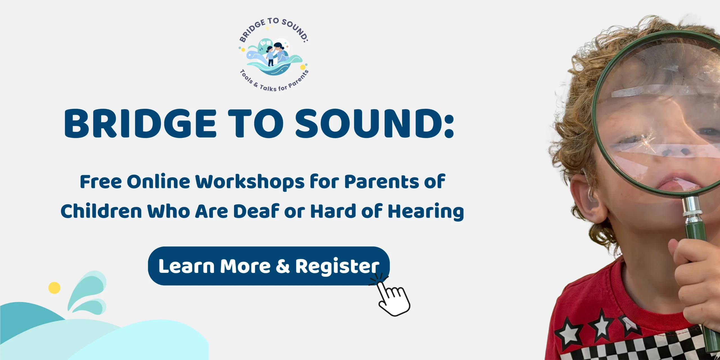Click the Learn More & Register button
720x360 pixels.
[269, 266]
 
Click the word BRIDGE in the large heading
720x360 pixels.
[140, 123]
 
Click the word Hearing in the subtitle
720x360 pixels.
[426, 212]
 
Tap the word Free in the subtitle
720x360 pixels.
[101, 182]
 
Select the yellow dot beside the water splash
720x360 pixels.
[54, 288]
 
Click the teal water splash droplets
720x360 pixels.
[87, 292]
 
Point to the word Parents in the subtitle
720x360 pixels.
[382, 182]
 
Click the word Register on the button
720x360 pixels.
[337, 266]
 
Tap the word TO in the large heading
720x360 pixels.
[256, 123]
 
